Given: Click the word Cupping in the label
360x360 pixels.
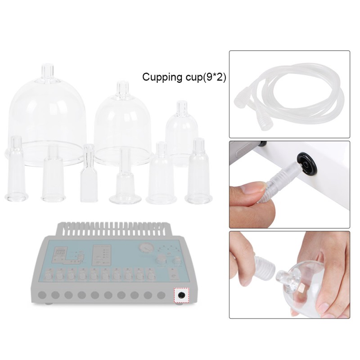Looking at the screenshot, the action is point(162,77).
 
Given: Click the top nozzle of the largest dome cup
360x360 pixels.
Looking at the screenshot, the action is point(48,72).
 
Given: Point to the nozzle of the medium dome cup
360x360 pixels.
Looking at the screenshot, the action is point(122,88).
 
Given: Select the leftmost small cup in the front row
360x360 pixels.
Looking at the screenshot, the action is point(16,168).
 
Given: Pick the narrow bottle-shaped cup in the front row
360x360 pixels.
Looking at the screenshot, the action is point(89,173).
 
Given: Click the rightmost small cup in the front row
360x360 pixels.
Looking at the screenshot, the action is point(198,171).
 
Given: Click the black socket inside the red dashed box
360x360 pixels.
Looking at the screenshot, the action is point(182,295).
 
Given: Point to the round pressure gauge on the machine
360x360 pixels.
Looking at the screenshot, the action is point(147,250).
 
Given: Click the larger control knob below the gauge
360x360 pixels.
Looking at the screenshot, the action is point(160,262).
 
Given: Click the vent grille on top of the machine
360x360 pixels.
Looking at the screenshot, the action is point(112,229).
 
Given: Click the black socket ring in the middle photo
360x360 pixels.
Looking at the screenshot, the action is point(307,164).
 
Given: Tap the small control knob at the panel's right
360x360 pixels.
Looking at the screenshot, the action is point(177,261).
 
